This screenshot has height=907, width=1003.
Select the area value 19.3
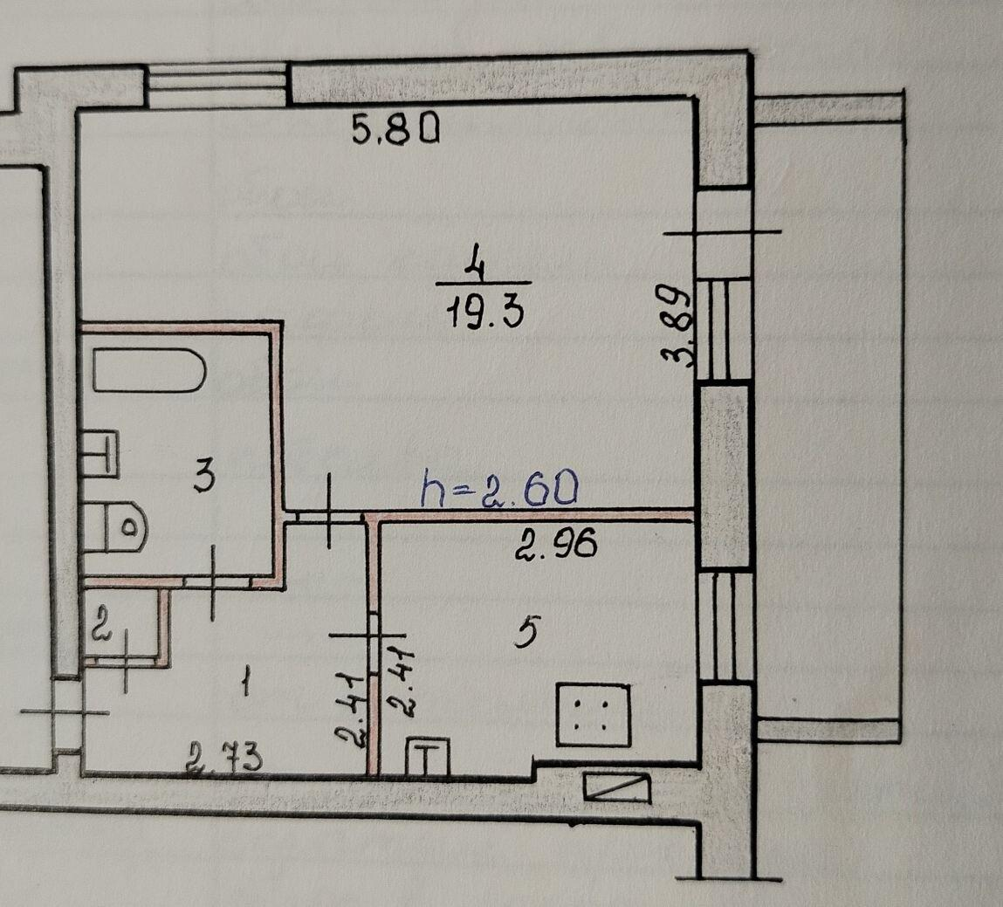[x=484, y=313]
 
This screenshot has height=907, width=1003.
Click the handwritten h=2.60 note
[x=499, y=490]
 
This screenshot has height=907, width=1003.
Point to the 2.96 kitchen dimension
[x=556, y=544]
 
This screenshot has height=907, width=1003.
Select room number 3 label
[x=204, y=478]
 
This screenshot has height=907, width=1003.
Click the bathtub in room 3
[x=149, y=370]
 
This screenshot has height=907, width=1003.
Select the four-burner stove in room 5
[x=594, y=714]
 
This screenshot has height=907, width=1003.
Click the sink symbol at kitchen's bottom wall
[x=428, y=757]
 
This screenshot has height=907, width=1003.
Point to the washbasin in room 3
[x=100, y=454]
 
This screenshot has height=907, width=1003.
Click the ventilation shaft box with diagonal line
[x=617, y=788]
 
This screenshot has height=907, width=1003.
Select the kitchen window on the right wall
[x=725, y=627]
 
